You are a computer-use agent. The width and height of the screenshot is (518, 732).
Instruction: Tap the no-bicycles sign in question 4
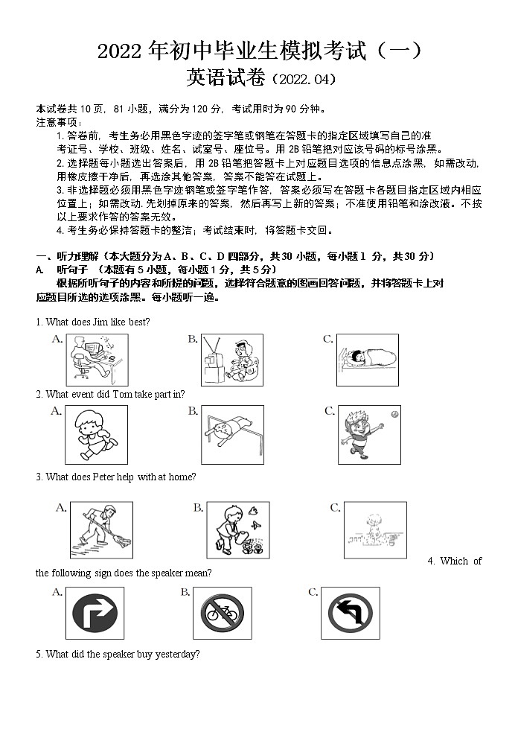coord(223,614)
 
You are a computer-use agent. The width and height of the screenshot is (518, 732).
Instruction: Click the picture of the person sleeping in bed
coord(362,360)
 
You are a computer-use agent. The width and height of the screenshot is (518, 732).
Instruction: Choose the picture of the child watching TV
coord(231,360)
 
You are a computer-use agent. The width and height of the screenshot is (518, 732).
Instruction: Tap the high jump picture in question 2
coord(231,433)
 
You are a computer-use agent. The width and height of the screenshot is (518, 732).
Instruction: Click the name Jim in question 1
coord(103,322)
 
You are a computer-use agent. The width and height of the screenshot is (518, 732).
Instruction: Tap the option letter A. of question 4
coord(57,592)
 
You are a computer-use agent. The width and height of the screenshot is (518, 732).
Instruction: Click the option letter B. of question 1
coord(193,340)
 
